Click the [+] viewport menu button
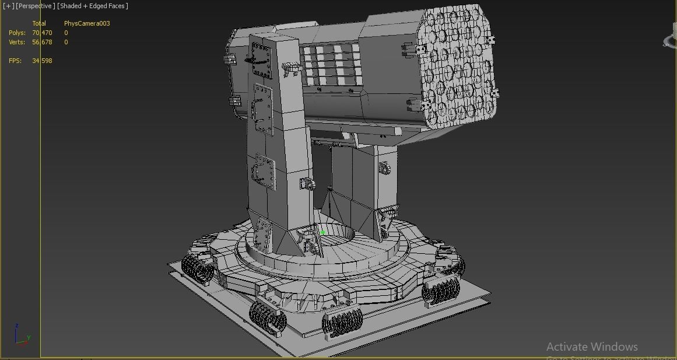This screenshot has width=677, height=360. pyautogui.click(x=9, y=6)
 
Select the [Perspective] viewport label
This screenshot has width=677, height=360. pyautogui.click(x=36, y=6)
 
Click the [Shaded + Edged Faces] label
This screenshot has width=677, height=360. pyautogui.click(x=93, y=6)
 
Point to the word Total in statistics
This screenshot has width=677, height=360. pyautogui.click(x=39, y=23)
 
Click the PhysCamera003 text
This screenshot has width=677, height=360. pyautogui.click(x=87, y=23)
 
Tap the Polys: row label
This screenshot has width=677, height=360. pyautogui.click(x=17, y=33)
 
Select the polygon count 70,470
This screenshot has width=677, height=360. pyautogui.click(x=42, y=33)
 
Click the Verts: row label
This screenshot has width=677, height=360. pyautogui.click(x=17, y=42)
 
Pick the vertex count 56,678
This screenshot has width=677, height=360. pyautogui.click(x=42, y=42)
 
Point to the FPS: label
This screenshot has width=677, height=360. pyautogui.click(x=16, y=61)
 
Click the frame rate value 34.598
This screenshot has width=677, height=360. pyautogui.click(x=42, y=61)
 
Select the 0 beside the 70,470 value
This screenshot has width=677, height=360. pyautogui.click(x=66, y=33)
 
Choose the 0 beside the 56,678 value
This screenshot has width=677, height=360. pyautogui.click(x=66, y=42)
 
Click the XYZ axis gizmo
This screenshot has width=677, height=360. pyautogui.click(x=22, y=335)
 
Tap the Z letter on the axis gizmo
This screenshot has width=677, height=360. pyautogui.click(x=17, y=326)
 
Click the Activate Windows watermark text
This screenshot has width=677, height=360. pyautogui.click(x=592, y=347)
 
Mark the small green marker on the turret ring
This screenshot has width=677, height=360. pyautogui.click(x=322, y=233)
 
